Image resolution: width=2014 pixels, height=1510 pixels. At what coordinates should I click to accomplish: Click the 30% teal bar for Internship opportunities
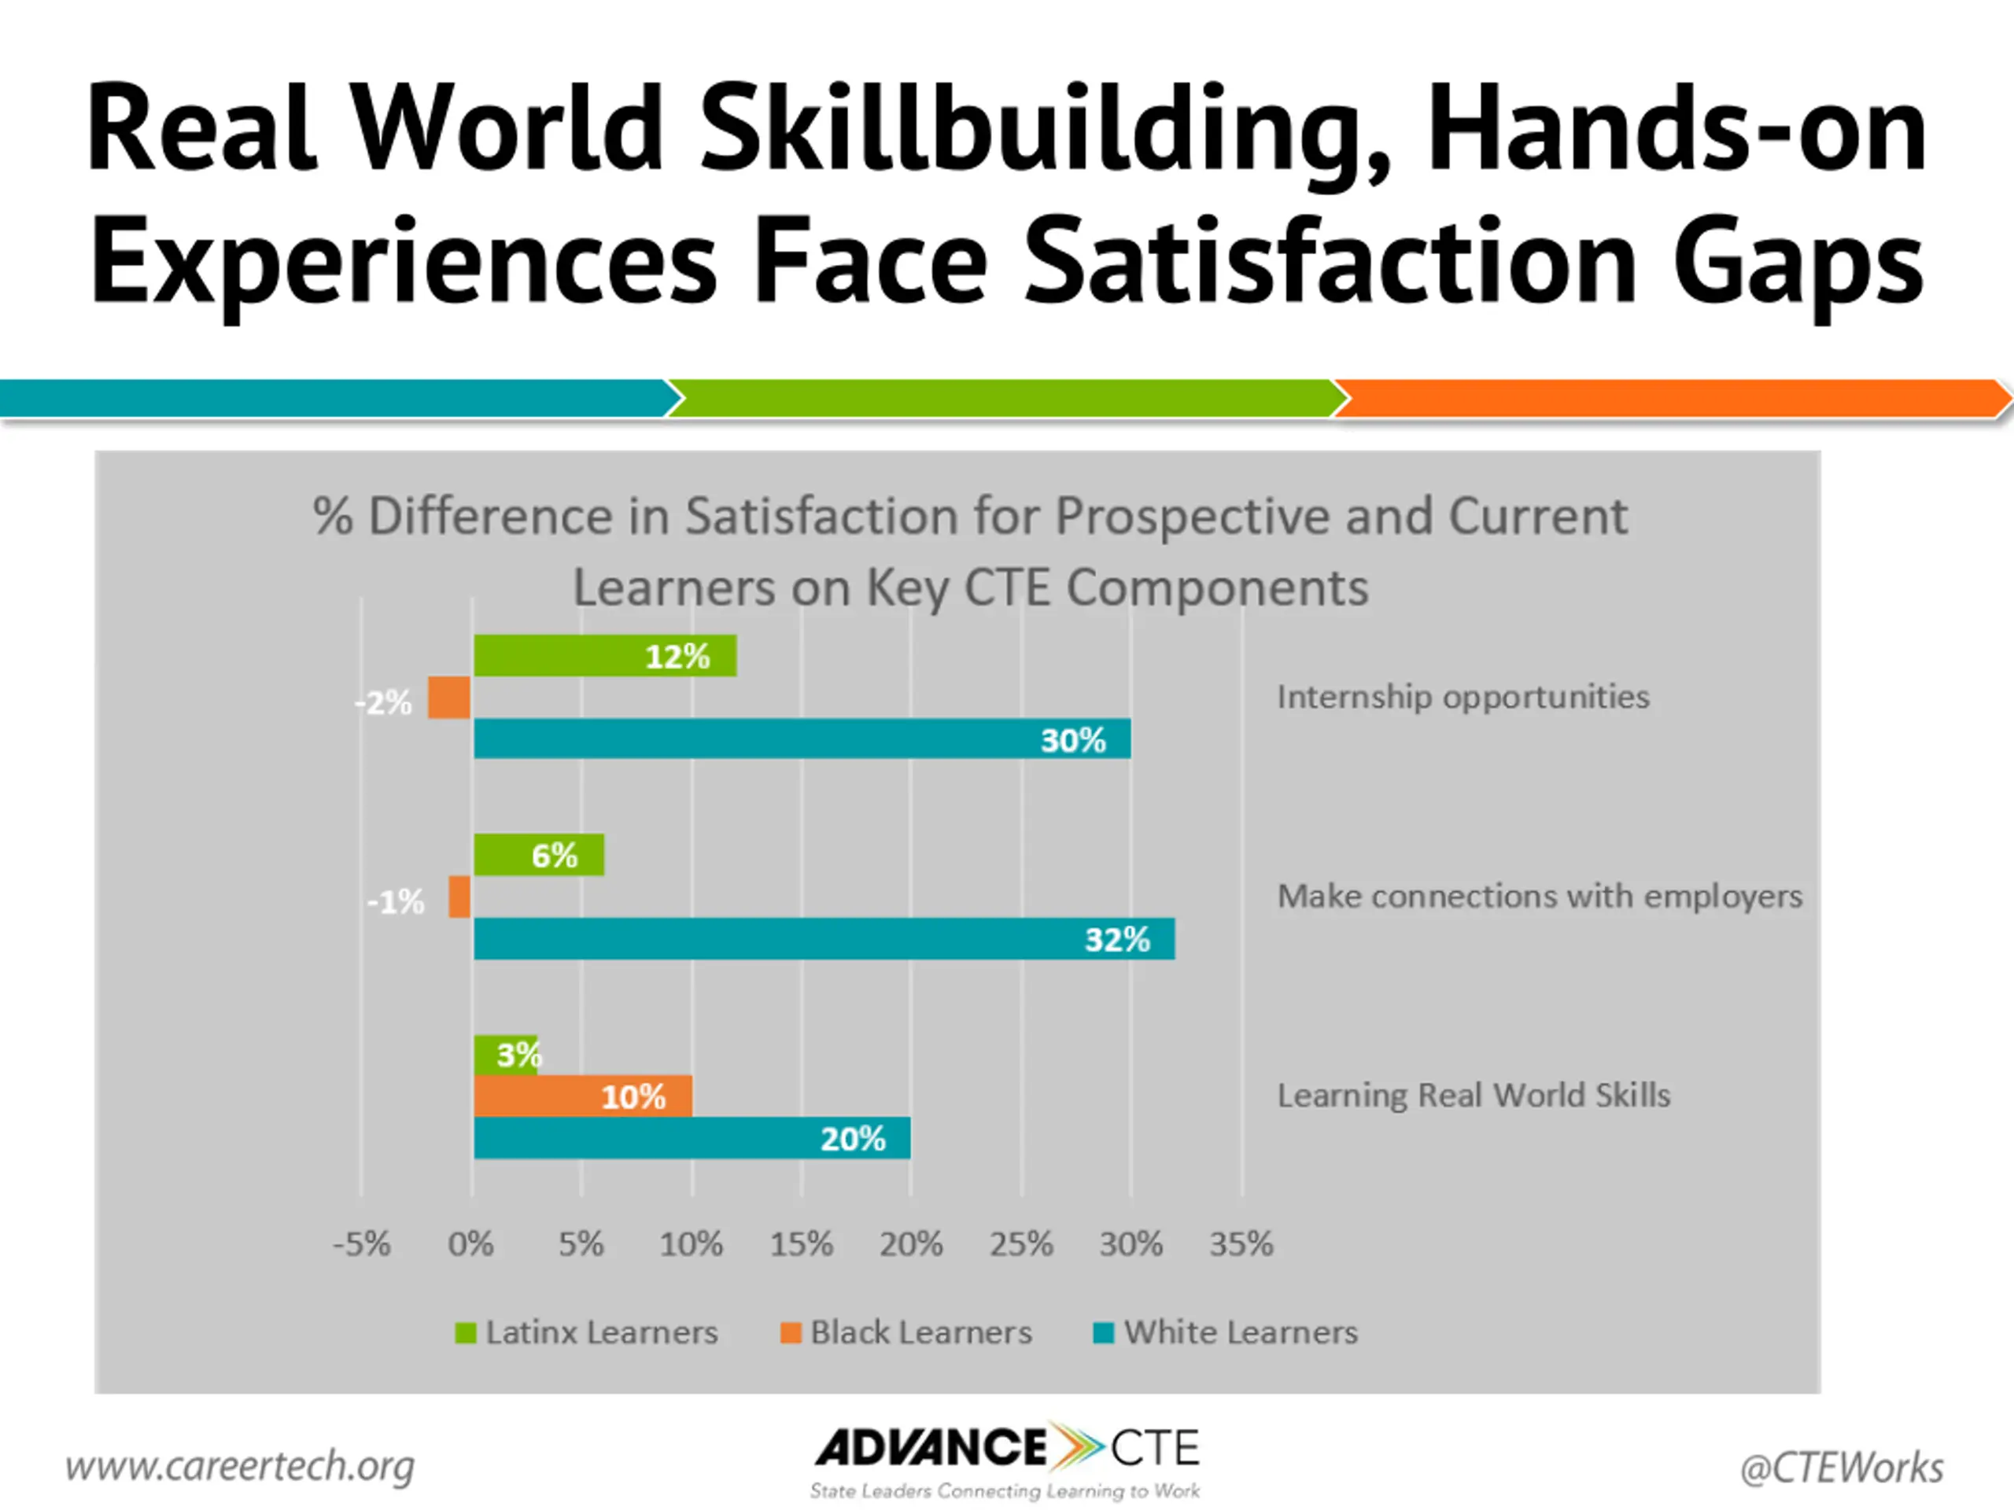801,738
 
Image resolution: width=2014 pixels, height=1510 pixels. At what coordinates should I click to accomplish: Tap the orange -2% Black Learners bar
449,698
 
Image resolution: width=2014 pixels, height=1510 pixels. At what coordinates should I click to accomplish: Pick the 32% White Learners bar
823,938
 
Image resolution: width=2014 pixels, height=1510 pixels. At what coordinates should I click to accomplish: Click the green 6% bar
538,855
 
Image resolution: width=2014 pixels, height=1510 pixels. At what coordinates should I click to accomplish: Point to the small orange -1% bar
459,897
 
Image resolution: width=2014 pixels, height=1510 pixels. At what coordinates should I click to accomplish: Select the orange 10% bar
583,1096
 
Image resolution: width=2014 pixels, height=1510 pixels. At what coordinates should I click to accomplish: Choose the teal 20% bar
692,1138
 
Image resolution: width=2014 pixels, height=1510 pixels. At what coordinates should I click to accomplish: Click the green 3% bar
505,1054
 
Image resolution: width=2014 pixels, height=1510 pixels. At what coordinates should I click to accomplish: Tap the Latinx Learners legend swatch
465,1332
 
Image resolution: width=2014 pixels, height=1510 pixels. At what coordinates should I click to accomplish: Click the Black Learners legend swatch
791,1332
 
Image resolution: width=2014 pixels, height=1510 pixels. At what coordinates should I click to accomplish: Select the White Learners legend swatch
1104,1332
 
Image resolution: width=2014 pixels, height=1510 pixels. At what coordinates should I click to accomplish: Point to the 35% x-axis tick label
1241,1244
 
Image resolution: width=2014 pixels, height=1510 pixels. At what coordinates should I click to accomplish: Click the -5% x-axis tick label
361,1244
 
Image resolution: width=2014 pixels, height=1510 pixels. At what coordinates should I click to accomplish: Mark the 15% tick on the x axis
801,1244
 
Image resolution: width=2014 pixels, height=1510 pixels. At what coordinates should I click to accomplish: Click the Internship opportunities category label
1463,698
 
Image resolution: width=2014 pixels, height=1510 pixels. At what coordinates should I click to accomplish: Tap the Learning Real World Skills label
1474,1095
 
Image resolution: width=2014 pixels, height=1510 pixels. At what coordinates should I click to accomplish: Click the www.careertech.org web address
239,1465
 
